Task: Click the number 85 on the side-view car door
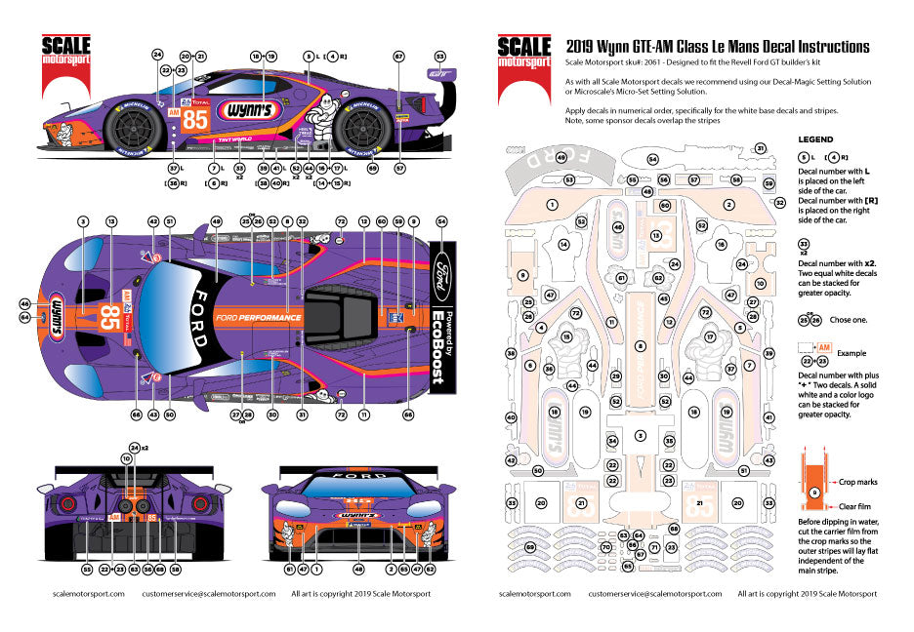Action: tap(195, 119)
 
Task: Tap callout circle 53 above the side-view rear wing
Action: tap(439, 57)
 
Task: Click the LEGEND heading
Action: tap(815, 139)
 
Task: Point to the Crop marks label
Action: tap(857, 482)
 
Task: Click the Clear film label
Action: tap(854, 506)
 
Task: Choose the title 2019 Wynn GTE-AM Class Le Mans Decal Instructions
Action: tap(717, 46)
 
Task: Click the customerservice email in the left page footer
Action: tap(204, 593)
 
